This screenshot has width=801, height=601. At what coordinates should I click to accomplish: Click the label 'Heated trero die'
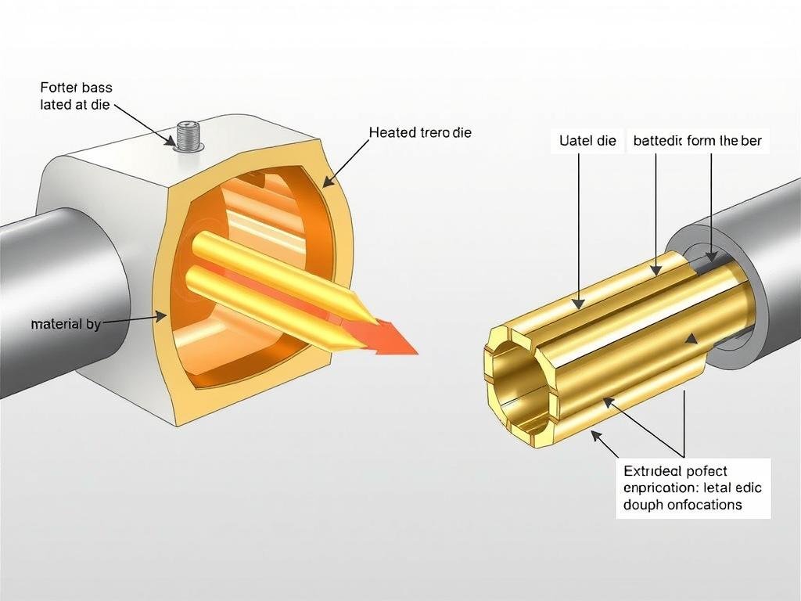click(x=420, y=133)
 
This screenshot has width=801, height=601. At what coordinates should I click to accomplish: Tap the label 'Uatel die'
click(x=588, y=142)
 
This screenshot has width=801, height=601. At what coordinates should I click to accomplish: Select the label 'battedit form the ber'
click(x=697, y=142)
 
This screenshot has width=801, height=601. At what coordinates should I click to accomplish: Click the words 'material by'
click(x=66, y=324)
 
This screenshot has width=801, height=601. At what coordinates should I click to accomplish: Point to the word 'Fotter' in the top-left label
click(x=58, y=88)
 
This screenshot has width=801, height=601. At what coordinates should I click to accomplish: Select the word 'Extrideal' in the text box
click(x=652, y=471)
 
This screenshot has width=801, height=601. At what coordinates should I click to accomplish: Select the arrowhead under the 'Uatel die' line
click(x=578, y=303)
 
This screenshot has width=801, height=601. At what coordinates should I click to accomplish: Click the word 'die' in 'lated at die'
click(x=101, y=105)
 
